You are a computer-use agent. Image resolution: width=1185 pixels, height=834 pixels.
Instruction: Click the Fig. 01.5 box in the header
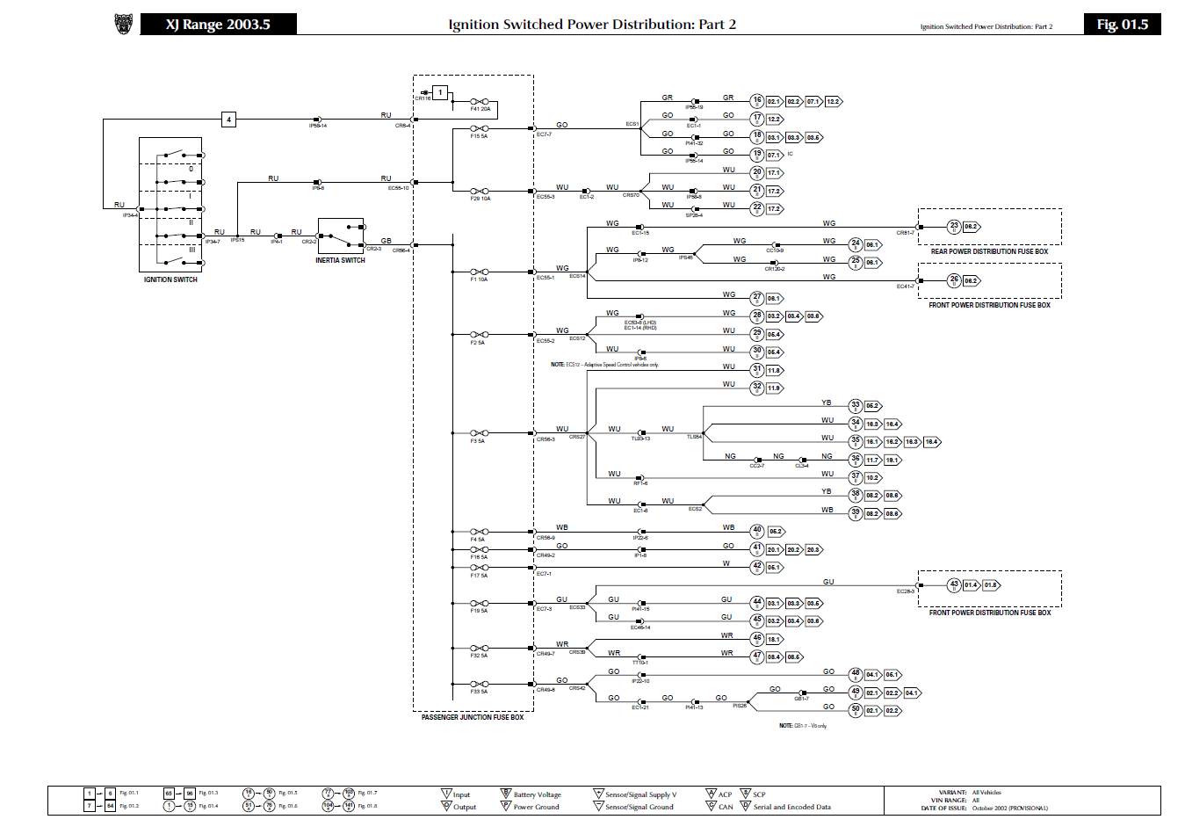(x=1122, y=25)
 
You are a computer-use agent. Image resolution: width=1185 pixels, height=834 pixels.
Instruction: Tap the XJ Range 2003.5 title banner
(x=218, y=25)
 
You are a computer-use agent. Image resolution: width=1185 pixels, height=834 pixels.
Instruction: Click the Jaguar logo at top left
(x=124, y=25)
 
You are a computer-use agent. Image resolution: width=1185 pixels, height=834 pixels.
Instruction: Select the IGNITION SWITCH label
(x=170, y=280)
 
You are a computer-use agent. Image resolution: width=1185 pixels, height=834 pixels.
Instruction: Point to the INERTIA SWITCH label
(x=340, y=261)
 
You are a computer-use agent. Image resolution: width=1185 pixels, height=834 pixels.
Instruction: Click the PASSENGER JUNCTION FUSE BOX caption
(x=473, y=718)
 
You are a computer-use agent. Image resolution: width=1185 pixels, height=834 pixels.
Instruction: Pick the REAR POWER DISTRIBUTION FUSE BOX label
(x=989, y=252)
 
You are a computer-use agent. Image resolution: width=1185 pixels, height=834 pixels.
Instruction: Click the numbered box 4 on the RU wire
(x=228, y=120)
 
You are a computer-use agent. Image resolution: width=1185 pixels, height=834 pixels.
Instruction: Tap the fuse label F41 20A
(x=480, y=110)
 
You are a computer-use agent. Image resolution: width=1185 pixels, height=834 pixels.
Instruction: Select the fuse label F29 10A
(x=480, y=199)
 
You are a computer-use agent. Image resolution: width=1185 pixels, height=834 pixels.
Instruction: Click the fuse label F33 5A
(x=479, y=692)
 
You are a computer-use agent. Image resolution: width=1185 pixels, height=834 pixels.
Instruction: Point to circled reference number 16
(x=757, y=101)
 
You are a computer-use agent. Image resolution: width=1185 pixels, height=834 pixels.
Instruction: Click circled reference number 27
(x=757, y=298)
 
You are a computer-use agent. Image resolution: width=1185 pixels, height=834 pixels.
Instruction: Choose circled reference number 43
(x=954, y=584)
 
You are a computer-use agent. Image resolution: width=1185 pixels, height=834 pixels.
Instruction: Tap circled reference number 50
(x=856, y=710)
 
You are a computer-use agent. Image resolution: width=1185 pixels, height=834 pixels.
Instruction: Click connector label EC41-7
(x=905, y=286)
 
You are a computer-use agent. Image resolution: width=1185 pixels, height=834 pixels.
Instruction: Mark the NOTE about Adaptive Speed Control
(x=604, y=365)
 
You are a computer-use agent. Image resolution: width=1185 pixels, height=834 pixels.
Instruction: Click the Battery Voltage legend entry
(x=537, y=794)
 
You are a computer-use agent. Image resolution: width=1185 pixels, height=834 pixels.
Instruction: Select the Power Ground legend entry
(x=536, y=807)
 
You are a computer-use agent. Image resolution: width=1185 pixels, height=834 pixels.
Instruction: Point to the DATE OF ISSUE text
(x=943, y=809)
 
